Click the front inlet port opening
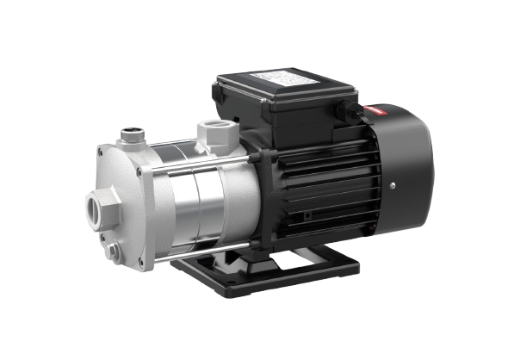tap(94, 209)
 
